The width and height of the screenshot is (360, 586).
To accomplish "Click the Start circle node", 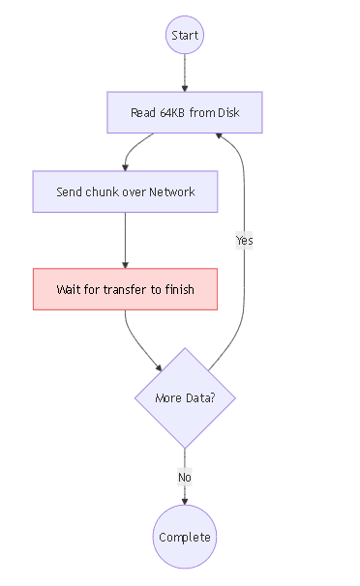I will tap(184, 36).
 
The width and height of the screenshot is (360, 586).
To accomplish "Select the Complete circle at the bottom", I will tap(184, 537).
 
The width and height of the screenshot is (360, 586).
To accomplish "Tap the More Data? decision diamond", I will tap(184, 397).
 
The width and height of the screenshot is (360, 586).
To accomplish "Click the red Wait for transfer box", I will tap(125, 289).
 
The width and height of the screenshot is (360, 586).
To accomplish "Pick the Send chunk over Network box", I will tap(125, 191).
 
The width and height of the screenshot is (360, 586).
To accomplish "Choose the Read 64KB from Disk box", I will tap(184, 112).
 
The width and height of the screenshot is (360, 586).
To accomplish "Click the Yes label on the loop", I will tap(244, 240).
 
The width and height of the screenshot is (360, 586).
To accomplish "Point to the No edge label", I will tap(184, 477).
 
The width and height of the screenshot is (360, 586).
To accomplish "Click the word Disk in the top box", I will tap(228, 113).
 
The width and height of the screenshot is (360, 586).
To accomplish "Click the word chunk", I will tap(104, 192).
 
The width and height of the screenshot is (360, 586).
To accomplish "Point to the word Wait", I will tap(70, 290).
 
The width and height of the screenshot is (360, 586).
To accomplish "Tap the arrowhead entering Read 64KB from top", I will tap(184, 88).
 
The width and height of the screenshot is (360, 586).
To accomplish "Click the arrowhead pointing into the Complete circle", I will tap(184, 501).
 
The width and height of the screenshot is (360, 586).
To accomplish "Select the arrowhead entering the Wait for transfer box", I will tap(125, 264).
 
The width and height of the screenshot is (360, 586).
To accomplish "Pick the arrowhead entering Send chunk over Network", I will tap(125, 167).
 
